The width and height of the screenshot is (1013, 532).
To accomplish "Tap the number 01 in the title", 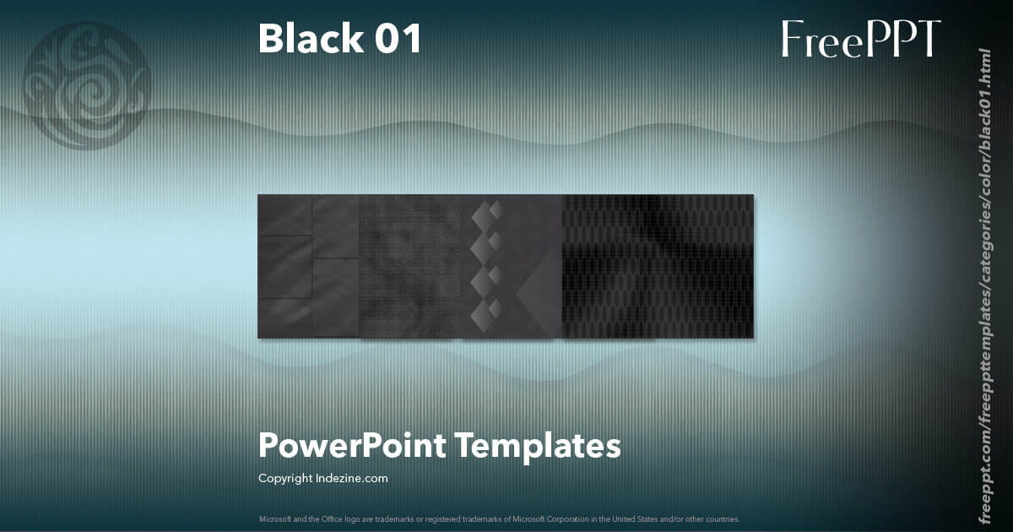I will [x=398, y=39].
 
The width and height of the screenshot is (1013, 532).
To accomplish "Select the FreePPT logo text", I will [x=860, y=39].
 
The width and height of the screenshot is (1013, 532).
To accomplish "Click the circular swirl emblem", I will [x=87, y=85].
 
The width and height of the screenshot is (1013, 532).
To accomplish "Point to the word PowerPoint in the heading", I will [x=351, y=445].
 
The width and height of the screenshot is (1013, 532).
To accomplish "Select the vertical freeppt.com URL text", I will [x=983, y=287].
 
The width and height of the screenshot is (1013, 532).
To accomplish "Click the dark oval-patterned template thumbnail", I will [x=658, y=266].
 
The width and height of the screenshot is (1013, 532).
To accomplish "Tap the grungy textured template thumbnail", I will [x=411, y=266].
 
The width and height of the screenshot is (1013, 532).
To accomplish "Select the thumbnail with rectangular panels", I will [x=308, y=266].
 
